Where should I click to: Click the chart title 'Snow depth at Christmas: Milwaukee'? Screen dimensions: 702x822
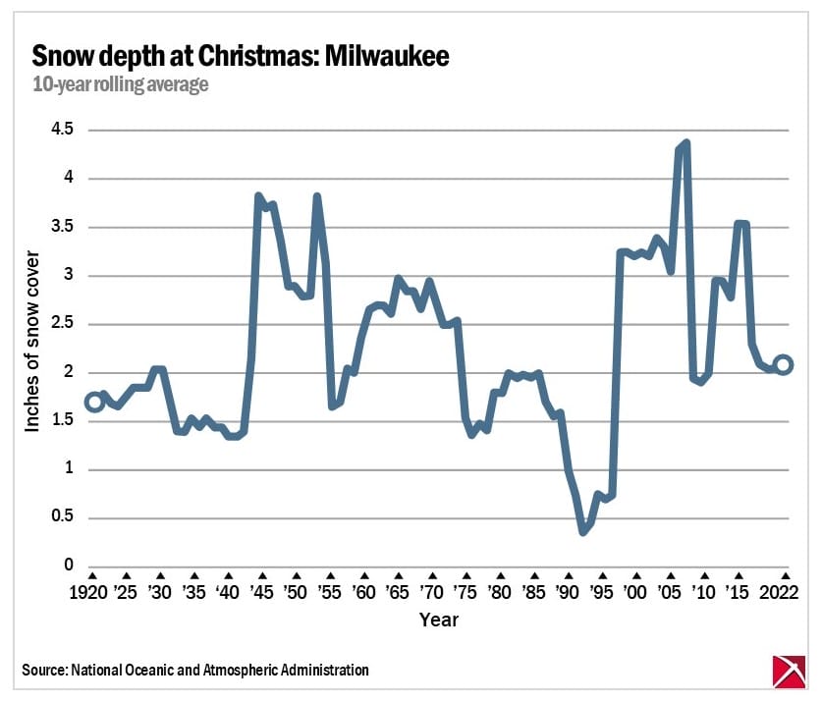click(x=241, y=56)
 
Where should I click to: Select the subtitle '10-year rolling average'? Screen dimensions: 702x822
click(x=121, y=84)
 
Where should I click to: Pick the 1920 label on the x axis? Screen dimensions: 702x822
click(x=91, y=594)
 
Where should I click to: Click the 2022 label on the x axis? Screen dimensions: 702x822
click(x=784, y=594)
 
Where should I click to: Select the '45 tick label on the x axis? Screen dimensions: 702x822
click(x=261, y=594)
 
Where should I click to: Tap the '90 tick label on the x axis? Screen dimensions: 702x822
click(x=567, y=594)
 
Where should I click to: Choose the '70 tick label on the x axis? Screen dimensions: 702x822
click(x=430, y=594)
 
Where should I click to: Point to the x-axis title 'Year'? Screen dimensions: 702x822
click(x=437, y=621)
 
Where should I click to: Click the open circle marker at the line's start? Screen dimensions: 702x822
click(x=94, y=402)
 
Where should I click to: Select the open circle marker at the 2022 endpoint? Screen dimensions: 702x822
click(x=784, y=364)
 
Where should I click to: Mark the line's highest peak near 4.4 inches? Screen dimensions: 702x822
click(x=685, y=143)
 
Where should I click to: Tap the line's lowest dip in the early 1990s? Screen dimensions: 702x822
click(x=583, y=531)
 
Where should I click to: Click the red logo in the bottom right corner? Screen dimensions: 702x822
click(x=786, y=671)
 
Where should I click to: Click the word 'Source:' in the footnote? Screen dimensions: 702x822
click(x=43, y=671)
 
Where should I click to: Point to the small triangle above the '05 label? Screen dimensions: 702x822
click(x=670, y=575)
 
